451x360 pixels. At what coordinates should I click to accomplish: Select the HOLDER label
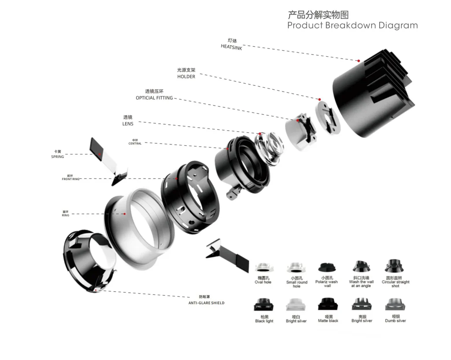(x=186, y=77)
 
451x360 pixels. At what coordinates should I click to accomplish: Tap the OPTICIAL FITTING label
(x=154, y=98)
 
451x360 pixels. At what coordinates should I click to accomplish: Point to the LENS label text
(x=128, y=124)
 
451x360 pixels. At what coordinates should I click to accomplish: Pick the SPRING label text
(x=58, y=157)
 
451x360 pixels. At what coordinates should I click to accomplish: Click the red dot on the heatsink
(x=359, y=61)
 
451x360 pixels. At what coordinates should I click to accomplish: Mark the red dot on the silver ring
(x=125, y=214)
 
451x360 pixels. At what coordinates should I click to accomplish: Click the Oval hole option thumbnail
(x=263, y=268)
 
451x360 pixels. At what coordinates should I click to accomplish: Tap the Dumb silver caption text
(x=395, y=321)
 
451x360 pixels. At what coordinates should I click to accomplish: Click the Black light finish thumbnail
(x=264, y=305)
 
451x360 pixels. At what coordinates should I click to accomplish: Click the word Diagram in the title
(x=395, y=25)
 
